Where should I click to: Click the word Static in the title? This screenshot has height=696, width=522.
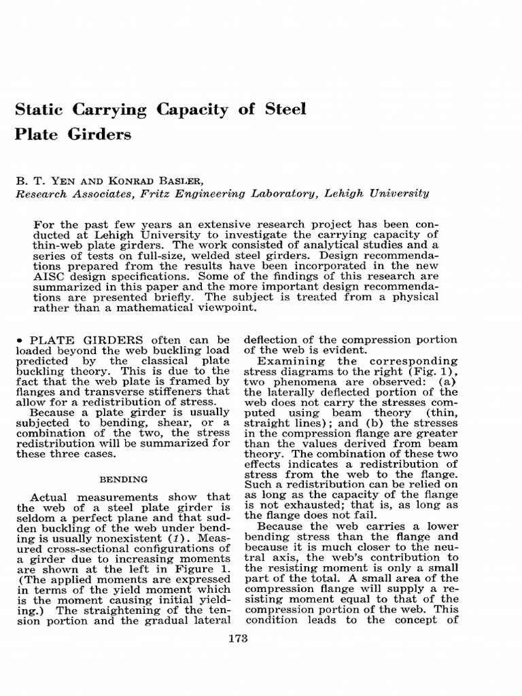point(40,109)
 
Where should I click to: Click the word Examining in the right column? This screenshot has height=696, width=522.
point(286,361)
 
